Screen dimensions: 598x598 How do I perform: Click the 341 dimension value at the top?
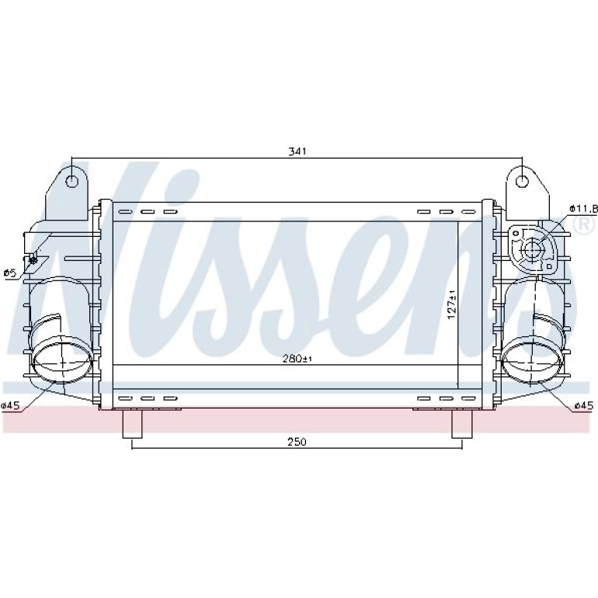point(297,151)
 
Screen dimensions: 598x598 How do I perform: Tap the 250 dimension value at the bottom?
point(297,442)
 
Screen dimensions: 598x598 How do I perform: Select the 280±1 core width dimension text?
point(297,359)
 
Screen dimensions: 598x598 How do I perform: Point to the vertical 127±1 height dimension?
point(452,304)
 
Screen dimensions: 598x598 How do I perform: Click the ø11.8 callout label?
point(583,209)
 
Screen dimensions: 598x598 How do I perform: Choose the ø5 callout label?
point(9,273)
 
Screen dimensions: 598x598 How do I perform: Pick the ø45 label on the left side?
point(10,405)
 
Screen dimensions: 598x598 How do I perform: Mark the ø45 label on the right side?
point(584,405)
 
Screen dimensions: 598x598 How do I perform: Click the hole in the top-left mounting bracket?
point(71,181)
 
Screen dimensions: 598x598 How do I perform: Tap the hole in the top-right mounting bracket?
point(522,181)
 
